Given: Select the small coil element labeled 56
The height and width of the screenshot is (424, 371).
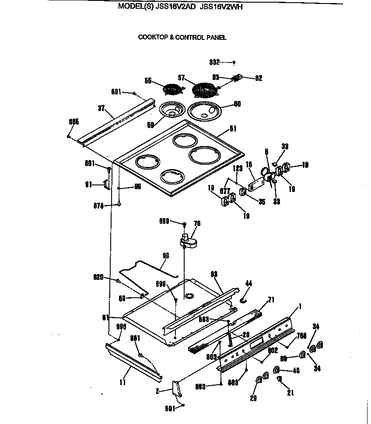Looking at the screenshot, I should (x=172, y=89).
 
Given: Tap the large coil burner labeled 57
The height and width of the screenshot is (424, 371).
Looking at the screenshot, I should (x=205, y=90).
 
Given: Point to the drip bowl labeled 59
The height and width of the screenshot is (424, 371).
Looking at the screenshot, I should (x=172, y=109).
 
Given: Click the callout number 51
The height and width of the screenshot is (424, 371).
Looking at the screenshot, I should (x=233, y=129).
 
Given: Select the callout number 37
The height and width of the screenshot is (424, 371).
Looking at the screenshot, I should (x=101, y=108).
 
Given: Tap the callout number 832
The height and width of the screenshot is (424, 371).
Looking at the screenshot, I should (x=214, y=62).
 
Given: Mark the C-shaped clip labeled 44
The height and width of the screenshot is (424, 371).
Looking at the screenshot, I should (x=243, y=299).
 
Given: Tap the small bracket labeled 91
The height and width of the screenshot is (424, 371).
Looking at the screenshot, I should (x=105, y=184).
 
